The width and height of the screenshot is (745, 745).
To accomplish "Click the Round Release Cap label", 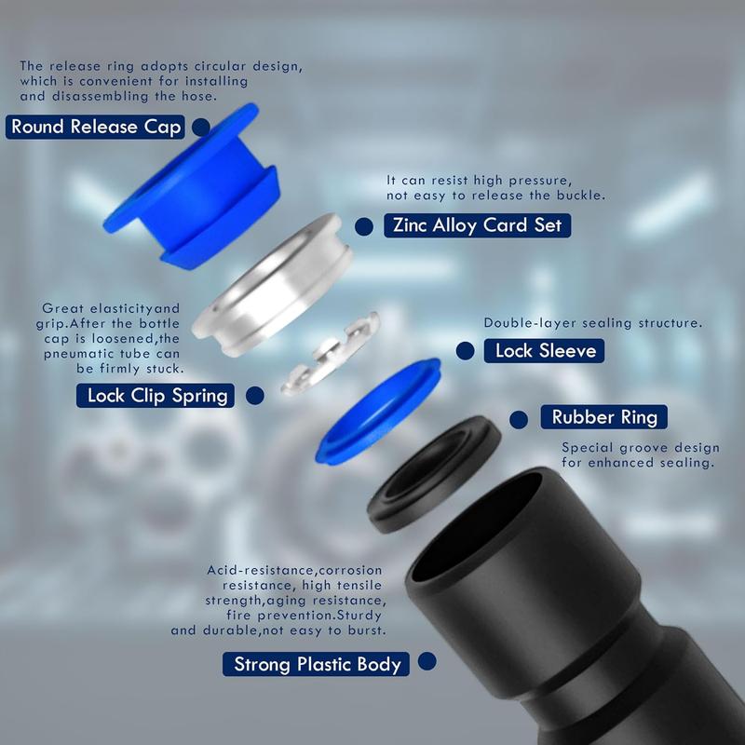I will [97, 127].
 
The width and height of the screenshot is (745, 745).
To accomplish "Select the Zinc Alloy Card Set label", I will [476, 225].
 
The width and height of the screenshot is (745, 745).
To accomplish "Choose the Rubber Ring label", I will [603, 416].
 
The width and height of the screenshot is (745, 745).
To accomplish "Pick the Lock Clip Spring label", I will [157, 395].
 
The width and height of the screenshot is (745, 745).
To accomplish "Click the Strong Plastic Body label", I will [317, 664].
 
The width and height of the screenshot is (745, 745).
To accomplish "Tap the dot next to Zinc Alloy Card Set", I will [365, 226].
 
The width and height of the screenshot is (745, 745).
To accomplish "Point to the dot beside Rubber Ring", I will [520, 417].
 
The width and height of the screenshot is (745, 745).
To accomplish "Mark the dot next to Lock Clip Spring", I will [254, 395].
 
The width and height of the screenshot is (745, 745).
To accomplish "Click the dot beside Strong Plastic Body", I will [427, 662].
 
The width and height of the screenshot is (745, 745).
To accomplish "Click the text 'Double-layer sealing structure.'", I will [592, 323].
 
